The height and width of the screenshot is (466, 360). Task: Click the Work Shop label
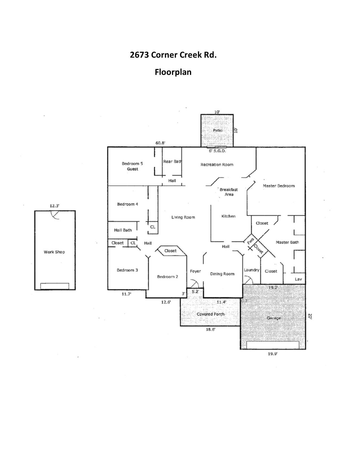point(54,252)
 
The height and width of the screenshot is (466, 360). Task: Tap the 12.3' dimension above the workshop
point(54,206)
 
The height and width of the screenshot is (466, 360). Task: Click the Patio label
point(217,130)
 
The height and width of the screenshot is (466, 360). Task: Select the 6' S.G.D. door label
point(217,151)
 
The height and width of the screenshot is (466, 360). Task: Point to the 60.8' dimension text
point(160,143)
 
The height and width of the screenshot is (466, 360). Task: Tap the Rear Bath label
point(172,161)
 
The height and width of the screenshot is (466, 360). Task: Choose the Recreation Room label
point(217,164)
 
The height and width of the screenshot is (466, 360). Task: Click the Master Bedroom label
point(278,186)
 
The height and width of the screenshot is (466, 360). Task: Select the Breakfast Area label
point(229,192)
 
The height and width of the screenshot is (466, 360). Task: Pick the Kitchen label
point(228,216)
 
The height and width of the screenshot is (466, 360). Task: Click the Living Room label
point(183,217)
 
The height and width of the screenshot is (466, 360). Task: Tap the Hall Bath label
point(123,230)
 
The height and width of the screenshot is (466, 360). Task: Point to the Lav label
point(298,279)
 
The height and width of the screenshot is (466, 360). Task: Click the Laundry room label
point(251,270)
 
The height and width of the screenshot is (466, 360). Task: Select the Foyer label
point(195,271)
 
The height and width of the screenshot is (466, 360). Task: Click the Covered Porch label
point(210,314)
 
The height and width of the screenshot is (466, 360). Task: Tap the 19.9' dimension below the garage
point(272,354)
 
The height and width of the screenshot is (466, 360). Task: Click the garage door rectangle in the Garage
point(272,345)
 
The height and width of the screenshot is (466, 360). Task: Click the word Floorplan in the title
point(173,72)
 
